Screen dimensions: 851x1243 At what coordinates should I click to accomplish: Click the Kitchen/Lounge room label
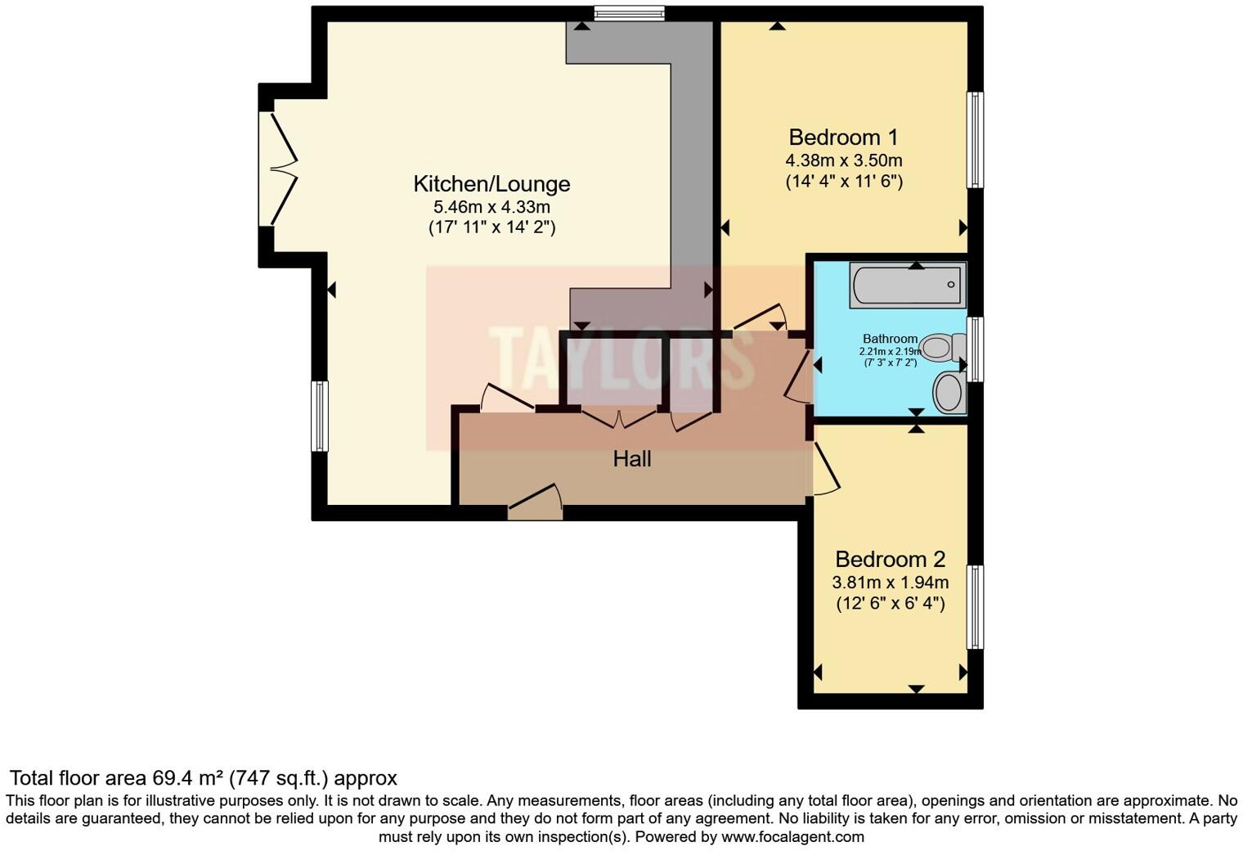coord(491,184)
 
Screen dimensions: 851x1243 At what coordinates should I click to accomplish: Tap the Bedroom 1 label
coord(844,137)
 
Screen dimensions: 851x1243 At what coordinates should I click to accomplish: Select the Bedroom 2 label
coord(890,560)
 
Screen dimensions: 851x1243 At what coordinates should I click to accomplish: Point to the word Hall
coord(632,459)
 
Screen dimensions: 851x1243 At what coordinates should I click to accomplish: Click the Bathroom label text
coord(890,339)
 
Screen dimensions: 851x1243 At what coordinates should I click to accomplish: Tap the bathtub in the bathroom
coord(907,285)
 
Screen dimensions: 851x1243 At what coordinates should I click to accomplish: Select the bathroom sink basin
coord(949,392)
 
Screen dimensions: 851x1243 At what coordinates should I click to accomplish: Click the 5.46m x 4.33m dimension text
coord(491,207)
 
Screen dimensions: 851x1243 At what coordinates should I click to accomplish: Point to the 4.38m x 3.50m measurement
coord(844,160)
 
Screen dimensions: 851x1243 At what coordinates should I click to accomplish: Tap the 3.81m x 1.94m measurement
coord(890,583)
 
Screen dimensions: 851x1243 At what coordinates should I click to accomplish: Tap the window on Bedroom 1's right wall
coord(975,139)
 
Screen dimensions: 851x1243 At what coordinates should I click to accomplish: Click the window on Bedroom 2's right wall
coord(975,607)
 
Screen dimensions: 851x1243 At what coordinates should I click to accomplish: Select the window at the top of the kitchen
coord(629,12)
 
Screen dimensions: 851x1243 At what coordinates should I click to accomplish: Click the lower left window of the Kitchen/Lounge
coord(320,416)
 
